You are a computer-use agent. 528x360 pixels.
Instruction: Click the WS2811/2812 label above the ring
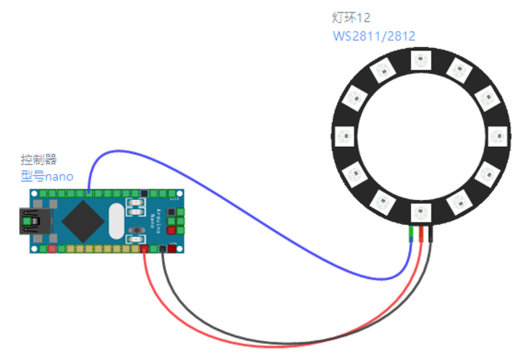(374, 36)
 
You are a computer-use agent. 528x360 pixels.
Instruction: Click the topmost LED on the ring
(420, 60)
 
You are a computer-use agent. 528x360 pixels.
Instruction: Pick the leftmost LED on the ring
(344, 136)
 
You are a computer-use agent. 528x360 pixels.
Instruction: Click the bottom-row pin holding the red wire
(144, 249)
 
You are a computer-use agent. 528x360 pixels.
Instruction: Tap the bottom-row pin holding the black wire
(163, 249)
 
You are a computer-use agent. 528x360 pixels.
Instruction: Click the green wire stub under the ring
(412, 232)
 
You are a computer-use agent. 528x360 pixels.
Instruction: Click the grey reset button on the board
(137, 230)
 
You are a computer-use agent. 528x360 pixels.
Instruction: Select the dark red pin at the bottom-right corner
(173, 249)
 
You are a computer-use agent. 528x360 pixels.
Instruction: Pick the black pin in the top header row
(144, 193)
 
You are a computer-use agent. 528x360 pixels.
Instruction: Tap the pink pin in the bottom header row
(51, 249)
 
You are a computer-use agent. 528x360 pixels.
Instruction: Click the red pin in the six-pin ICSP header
(172, 230)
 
